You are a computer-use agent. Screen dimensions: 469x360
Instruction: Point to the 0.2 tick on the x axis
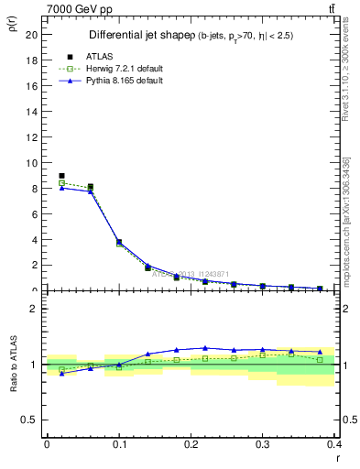[191, 444]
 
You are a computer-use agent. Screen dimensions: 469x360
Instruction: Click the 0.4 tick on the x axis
[334, 444]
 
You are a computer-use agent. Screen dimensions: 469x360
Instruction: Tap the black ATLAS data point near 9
[61, 176]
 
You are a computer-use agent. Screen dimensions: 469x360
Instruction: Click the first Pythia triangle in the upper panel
[61, 188]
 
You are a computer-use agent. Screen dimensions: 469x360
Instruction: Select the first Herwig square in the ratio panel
[61, 369]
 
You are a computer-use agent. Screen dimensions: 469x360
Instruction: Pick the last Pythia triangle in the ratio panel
[320, 352]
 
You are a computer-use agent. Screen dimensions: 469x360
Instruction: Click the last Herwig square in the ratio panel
[320, 359]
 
